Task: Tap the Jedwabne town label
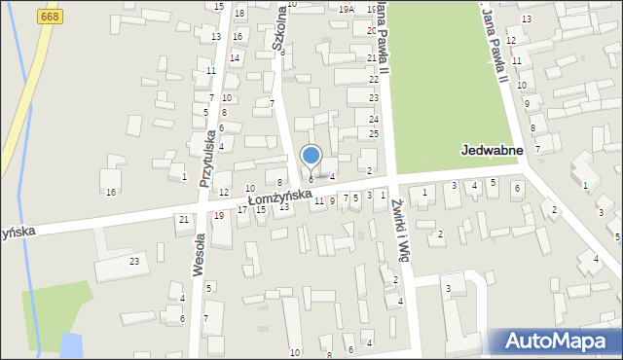pos(492,151)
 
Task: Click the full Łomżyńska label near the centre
pos(279,198)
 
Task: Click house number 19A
pos(347,9)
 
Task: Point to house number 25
pos(374,133)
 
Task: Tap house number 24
pos(374,120)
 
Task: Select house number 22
pos(373,79)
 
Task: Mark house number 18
pos(239,14)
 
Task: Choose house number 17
pos(242,210)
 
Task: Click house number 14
pos(235,58)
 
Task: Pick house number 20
pos(372,30)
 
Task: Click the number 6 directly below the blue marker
pos(311,179)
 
